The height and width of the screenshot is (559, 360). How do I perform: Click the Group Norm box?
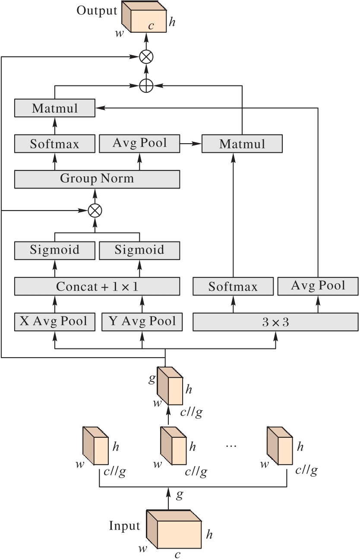[x=97, y=179]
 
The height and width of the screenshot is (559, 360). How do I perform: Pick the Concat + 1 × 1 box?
[x=97, y=286]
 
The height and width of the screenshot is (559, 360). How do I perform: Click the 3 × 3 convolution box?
[x=275, y=322]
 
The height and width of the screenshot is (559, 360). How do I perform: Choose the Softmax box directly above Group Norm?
[x=54, y=144]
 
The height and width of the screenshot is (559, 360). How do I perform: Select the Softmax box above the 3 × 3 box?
[x=233, y=286]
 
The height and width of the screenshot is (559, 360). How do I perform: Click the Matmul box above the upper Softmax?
[x=54, y=108]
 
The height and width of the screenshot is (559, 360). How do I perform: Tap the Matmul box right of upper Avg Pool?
[x=242, y=144]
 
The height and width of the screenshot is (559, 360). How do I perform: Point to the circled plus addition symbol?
[x=146, y=86]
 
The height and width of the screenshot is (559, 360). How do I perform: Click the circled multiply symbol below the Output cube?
[x=146, y=57]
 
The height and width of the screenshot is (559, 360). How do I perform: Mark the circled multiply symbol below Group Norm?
[x=95, y=210]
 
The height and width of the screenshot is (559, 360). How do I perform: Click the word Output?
[x=97, y=10]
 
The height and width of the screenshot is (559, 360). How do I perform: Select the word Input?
[x=124, y=526]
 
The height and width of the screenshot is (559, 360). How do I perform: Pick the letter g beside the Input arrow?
[x=180, y=494]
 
